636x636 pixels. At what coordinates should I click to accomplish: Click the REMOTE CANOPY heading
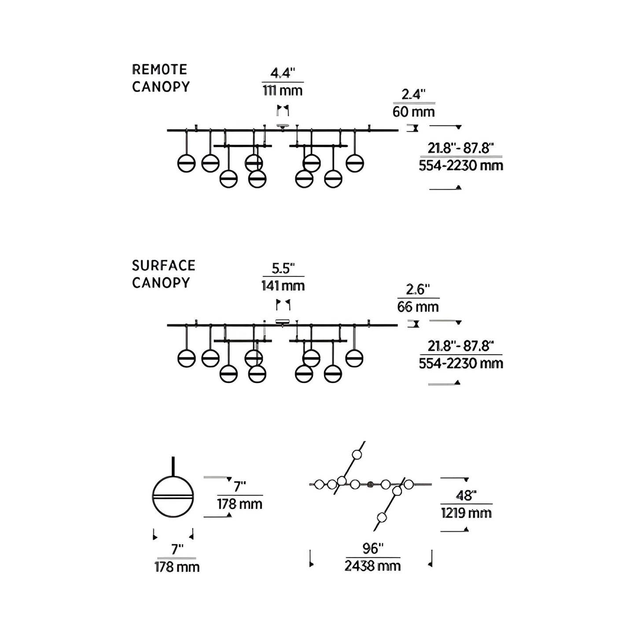point(161,78)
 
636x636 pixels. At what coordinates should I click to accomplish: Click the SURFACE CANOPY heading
point(163,274)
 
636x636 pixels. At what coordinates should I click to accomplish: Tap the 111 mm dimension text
point(283,91)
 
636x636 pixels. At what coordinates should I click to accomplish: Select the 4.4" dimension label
point(283,73)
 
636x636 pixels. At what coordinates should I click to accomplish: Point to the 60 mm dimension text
point(414,112)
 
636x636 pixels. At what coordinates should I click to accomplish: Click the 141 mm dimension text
point(283,286)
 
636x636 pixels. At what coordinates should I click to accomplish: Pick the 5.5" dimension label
point(283,268)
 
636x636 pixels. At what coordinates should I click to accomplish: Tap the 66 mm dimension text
point(418,307)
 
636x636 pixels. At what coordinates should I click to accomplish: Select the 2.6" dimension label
point(418,290)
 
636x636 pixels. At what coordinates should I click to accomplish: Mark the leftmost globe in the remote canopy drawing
point(187,163)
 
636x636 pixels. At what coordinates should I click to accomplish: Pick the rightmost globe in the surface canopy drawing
point(354,358)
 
